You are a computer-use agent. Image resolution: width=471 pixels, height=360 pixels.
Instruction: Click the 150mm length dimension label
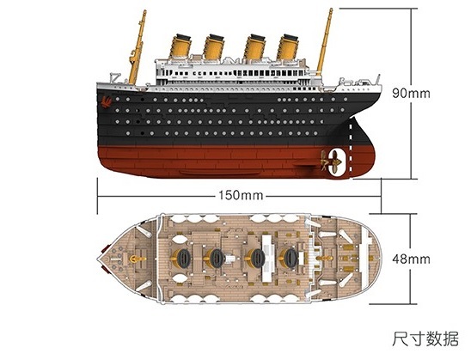(x=241, y=195)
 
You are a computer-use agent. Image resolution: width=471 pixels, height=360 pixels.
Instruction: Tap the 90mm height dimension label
(x=411, y=93)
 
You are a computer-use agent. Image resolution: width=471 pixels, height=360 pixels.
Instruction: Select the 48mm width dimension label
(x=411, y=259)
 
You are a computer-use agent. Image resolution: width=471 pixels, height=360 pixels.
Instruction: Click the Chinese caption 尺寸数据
(x=425, y=339)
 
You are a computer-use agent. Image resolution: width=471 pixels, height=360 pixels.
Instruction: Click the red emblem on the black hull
(x=107, y=101)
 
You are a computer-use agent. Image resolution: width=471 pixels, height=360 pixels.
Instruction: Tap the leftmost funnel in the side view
(x=180, y=46)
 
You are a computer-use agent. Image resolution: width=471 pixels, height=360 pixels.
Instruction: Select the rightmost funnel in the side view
(x=288, y=47)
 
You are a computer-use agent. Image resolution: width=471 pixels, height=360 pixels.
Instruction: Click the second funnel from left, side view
(x=214, y=47)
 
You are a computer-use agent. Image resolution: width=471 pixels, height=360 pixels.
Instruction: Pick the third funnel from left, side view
(x=254, y=47)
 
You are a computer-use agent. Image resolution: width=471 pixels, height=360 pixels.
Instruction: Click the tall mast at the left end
(x=138, y=47)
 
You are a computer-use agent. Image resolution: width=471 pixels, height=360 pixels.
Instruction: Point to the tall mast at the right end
(x=324, y=41)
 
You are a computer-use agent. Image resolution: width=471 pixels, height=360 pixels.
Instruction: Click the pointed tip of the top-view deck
(x=98, y=259)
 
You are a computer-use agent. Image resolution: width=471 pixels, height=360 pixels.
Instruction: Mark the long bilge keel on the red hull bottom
(x=220, y=173)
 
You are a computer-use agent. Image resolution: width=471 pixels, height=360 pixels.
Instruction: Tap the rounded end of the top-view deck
(x=380, y=259)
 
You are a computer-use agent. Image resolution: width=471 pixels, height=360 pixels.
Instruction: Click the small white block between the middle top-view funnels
(x=230, y=259)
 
